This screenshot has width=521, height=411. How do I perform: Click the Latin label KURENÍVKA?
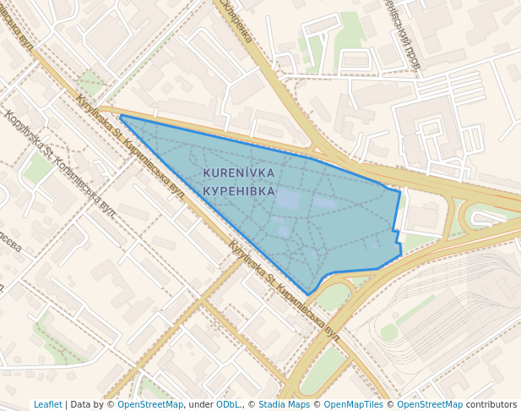[x=239, y=173]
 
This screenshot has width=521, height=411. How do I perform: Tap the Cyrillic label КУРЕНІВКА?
[x=239, y=191]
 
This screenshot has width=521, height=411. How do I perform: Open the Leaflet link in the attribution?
[x=47, y=404]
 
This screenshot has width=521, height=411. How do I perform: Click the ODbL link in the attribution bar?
[x=228, y=404]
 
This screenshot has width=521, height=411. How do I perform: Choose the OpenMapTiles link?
[x=353, y=404]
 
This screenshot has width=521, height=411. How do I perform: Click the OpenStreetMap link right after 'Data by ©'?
[x=150, y=404]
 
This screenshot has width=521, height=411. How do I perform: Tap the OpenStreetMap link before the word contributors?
[x=430, y=404]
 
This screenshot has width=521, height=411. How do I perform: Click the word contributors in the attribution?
[x=491, y=404]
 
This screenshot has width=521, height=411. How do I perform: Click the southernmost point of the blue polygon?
[x=308, y=294]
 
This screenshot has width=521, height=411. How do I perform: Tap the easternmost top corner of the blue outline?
[x=399, y=192]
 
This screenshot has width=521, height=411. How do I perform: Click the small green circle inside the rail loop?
[x=388, y=332]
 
